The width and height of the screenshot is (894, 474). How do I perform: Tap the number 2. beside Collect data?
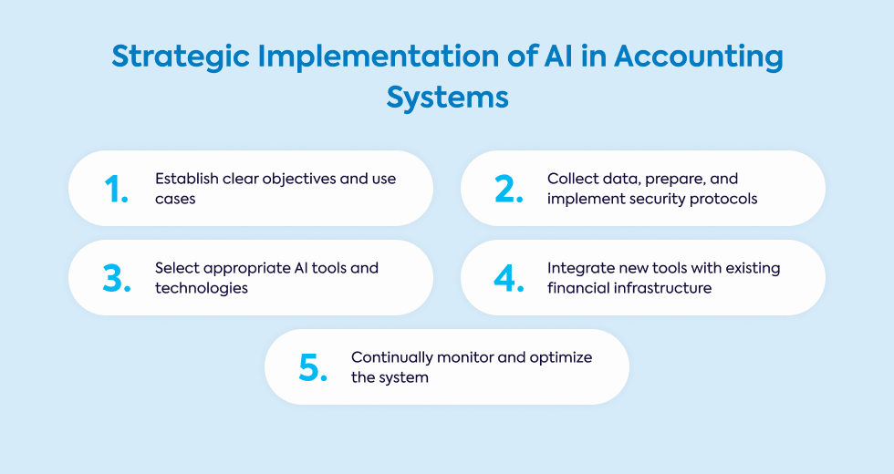(509, 188)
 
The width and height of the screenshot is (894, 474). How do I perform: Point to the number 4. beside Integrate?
(509, 278)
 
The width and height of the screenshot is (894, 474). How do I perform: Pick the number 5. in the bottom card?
(313, 366)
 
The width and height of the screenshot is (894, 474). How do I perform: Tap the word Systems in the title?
(447, 96)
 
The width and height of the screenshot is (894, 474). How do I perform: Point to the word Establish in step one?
(186, 179)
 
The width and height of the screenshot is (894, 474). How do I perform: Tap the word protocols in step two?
(725, 198)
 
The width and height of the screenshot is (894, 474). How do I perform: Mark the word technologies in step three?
(202, 288)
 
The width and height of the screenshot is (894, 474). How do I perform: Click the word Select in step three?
(176, 268)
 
